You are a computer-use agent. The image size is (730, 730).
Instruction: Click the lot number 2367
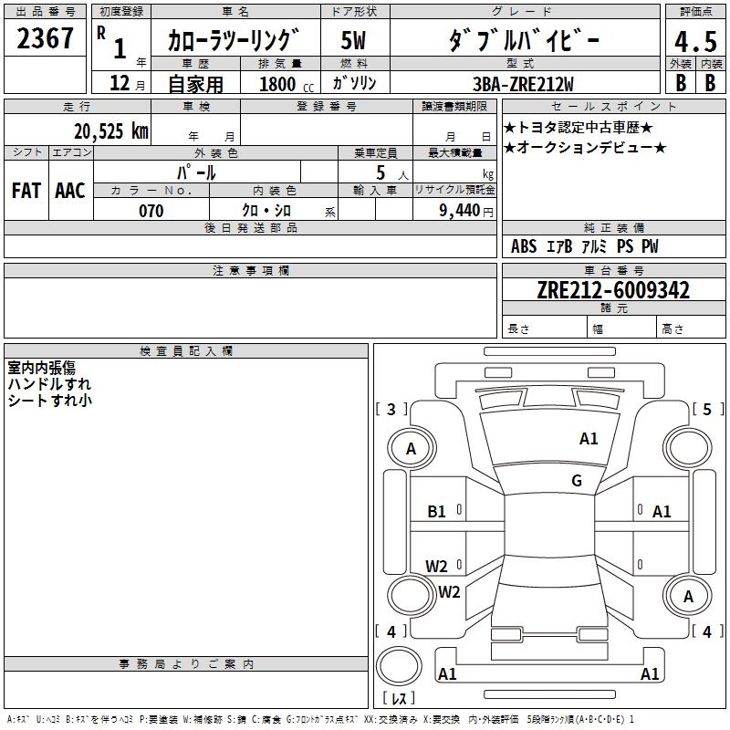click(46, 38)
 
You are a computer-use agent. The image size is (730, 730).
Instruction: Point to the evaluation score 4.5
click(694, 42)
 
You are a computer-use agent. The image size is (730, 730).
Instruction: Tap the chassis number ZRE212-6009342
click(612, 291)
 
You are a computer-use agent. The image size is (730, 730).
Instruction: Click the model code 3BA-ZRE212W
click(525, 83)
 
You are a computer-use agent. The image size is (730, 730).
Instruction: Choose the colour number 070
click(151, 211)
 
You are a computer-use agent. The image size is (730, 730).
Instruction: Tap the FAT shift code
click(26, 191)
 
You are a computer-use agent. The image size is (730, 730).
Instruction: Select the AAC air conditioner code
click(70, 191)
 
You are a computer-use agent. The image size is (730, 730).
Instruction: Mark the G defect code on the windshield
click(577, 481)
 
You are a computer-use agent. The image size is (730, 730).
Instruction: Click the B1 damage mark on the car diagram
click(437, 512)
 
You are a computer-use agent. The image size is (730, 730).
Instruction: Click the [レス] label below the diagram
click(399, 699)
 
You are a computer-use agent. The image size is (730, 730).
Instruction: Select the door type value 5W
click(354, 42)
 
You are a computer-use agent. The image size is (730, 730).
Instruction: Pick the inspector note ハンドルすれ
click(49, 384)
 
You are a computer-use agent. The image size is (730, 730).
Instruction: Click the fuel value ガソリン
click(354, 83)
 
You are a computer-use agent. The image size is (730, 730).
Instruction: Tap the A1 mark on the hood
click(589, 439)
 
